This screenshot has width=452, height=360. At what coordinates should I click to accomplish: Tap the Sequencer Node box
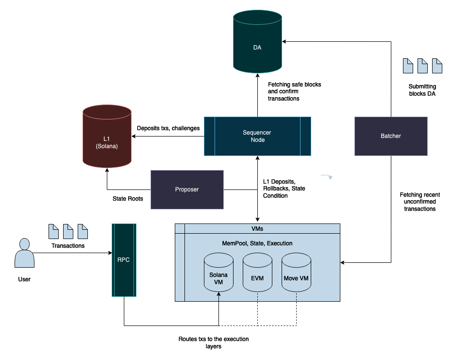point(257,136)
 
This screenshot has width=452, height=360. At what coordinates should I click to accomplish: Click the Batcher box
point(391,136)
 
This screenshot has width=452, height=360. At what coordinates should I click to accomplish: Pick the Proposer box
point(187,189)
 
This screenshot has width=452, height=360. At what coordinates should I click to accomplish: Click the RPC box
point(124,260)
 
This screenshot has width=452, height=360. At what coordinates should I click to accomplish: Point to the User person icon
point(24,253)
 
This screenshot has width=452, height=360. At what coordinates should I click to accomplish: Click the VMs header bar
point(257,228)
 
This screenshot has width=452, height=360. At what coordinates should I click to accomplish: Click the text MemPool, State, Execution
point(257,243)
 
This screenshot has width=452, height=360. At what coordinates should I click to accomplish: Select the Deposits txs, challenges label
point(168,128)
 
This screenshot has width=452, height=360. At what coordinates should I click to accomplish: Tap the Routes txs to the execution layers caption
point(214,343)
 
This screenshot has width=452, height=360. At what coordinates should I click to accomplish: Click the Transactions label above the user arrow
point(68,246)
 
